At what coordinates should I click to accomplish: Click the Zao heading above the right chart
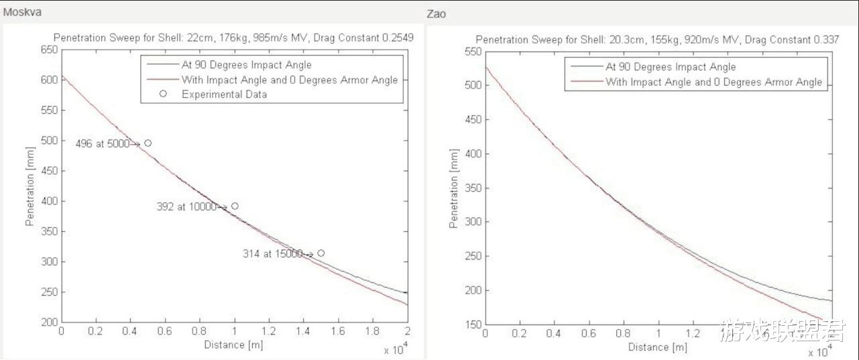point(436,14)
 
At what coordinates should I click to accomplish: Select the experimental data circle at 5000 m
point(148,143)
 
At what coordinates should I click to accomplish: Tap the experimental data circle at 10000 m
point(235,206)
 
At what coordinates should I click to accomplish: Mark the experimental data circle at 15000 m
point(321,253)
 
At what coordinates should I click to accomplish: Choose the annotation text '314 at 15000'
point(272,254)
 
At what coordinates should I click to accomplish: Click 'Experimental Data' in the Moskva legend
point(224,95)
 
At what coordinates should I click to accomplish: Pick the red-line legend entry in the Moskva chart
point(289,80)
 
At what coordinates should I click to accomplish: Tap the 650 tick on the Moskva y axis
point(48,50)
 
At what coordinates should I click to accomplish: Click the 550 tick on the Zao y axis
point(472,52)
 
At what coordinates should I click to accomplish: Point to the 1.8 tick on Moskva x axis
point(372,331)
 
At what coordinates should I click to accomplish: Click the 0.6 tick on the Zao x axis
point(588,333)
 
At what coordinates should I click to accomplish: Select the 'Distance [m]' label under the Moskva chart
point(234,345)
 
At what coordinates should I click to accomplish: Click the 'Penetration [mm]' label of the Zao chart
point(454,188)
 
